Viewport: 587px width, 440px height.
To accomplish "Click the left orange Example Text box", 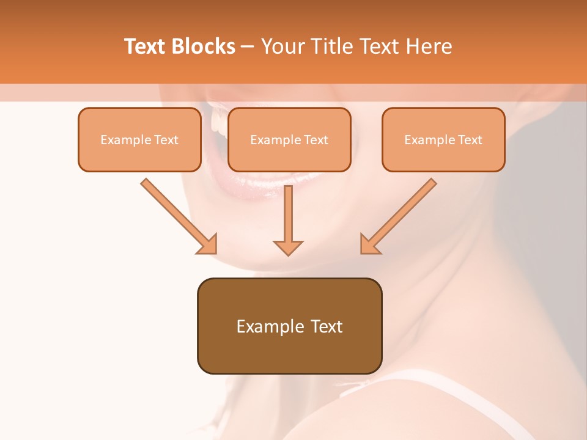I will pyautogui.click(x=139, y=139).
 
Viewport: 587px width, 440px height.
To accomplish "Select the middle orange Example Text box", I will pyautogui.click(x=289, y=139).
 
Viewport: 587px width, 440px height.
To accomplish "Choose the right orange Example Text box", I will pyautogui.click(x=443, y=139).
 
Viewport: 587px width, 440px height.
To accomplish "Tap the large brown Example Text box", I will pyautogui.click(x=289, y=326).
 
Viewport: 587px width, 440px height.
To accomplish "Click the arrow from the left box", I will pyautogui.click(x=177, y=215).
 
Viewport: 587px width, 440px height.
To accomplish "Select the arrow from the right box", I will pyautogui.click(x=400, y=215).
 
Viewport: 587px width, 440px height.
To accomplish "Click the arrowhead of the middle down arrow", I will pyautogui.click(x=288, y=247).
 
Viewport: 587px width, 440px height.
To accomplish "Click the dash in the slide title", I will pyautogui.click(x=248, y=46).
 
